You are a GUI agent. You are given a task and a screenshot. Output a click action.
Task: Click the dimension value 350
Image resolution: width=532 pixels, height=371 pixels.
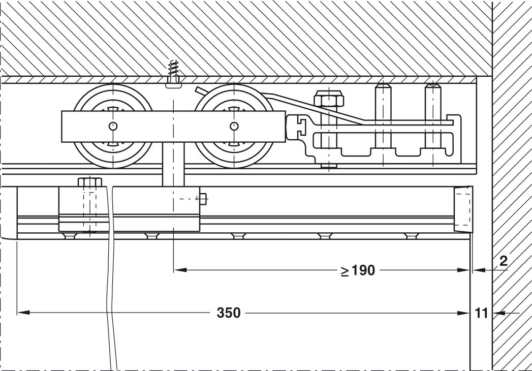pyautogui.click(x=229, y=313)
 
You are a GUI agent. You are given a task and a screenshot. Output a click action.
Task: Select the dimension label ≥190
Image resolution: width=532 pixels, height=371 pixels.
pyautogui.click(x=358, y=270)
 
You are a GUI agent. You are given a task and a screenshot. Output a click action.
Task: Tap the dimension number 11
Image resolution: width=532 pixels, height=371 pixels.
pyautogui.click(x=482, y=313)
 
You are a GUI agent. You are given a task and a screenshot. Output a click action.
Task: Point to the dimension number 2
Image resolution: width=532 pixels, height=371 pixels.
pyautogui.click(x=503, y=261)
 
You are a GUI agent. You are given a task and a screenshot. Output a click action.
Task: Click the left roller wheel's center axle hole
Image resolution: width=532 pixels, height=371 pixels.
pyautogui.click(x=113, y=126)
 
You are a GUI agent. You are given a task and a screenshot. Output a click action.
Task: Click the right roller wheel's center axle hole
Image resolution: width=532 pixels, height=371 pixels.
pyautogui.click(x=234, y=126)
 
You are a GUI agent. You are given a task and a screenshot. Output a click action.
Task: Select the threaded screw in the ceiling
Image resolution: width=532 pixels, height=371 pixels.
pyautogui.click(x=174, y=71)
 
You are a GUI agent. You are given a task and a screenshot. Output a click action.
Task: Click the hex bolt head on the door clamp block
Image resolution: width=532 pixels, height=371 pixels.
pyautogui.click(x=90, y=181)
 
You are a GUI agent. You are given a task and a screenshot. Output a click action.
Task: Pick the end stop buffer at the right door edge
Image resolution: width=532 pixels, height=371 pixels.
pyautogui.click(x=463, y=209)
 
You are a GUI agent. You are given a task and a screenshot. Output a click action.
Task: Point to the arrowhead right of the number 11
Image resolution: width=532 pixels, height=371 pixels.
pyautogui.click(x=499, y=313)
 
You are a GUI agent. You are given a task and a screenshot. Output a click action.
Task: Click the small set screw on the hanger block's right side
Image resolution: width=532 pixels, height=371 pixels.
pyautogui.click(x=203, y=199)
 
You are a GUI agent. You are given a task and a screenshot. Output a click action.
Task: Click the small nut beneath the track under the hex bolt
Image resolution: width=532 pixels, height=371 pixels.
pyautogui.click(x=329, y=165)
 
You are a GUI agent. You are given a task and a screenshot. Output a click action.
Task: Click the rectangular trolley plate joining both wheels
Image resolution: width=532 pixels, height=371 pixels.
pyautogui.click(x=173, y=126)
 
